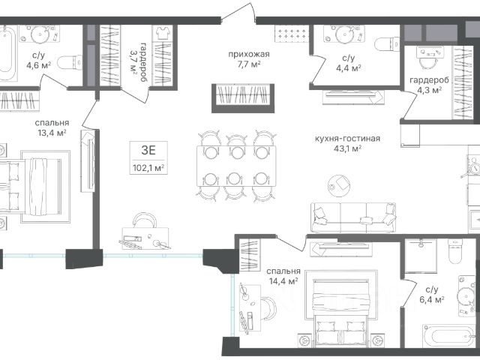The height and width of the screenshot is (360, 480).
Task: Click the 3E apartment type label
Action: pos(148,150)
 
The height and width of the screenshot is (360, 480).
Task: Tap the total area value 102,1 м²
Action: pos(148,168)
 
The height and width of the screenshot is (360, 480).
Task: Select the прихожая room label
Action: pos(249,54)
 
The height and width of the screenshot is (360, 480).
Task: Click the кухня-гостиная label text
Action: pos(347,138)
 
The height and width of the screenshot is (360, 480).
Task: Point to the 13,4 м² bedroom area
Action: pos(52,133)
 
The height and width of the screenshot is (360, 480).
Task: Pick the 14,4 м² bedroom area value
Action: pos(283,280)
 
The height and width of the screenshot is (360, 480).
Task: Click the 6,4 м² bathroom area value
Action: pos(432,299)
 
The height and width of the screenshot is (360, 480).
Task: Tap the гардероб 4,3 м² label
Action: pos(430,85)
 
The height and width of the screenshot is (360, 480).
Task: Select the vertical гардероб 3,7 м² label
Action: pos(137,61)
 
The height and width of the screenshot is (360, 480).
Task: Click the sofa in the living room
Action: pos(353,217)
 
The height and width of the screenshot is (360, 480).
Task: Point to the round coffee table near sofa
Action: pos(339,186)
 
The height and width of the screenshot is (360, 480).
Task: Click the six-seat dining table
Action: pos(236,166)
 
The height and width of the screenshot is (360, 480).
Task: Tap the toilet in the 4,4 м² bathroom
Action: pos(387,44)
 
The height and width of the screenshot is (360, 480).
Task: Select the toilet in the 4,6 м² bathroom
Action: pos(70,63)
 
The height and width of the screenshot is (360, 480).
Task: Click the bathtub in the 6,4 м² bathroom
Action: pos(449,336)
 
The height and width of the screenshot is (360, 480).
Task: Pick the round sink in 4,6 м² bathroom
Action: pos(40,34)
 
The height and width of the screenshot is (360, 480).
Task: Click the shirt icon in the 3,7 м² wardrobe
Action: pos(163,33)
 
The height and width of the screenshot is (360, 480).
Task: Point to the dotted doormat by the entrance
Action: pos(291,33)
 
